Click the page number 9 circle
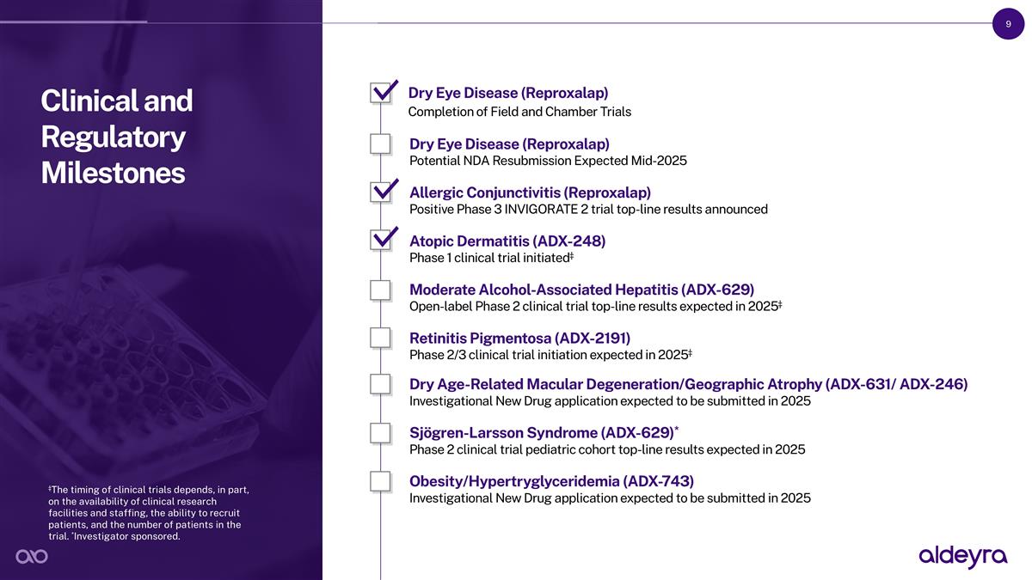(1008, 24)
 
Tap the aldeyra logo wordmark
(963, 557)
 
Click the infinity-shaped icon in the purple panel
(32, 557)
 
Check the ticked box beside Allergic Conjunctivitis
(380, 192)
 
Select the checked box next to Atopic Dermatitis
(380, 241)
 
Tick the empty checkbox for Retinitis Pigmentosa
(380, 338)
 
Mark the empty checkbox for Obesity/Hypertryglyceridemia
(380, 481)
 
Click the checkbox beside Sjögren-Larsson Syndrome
(380, 433)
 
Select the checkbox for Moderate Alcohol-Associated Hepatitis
(380, 290)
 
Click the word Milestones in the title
(113, 173)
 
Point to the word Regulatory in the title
(114, 137)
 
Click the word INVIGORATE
(541, 210)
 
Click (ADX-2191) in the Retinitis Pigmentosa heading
(593, 339)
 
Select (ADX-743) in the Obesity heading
(659, 481)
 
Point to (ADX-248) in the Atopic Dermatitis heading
(569, 241)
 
